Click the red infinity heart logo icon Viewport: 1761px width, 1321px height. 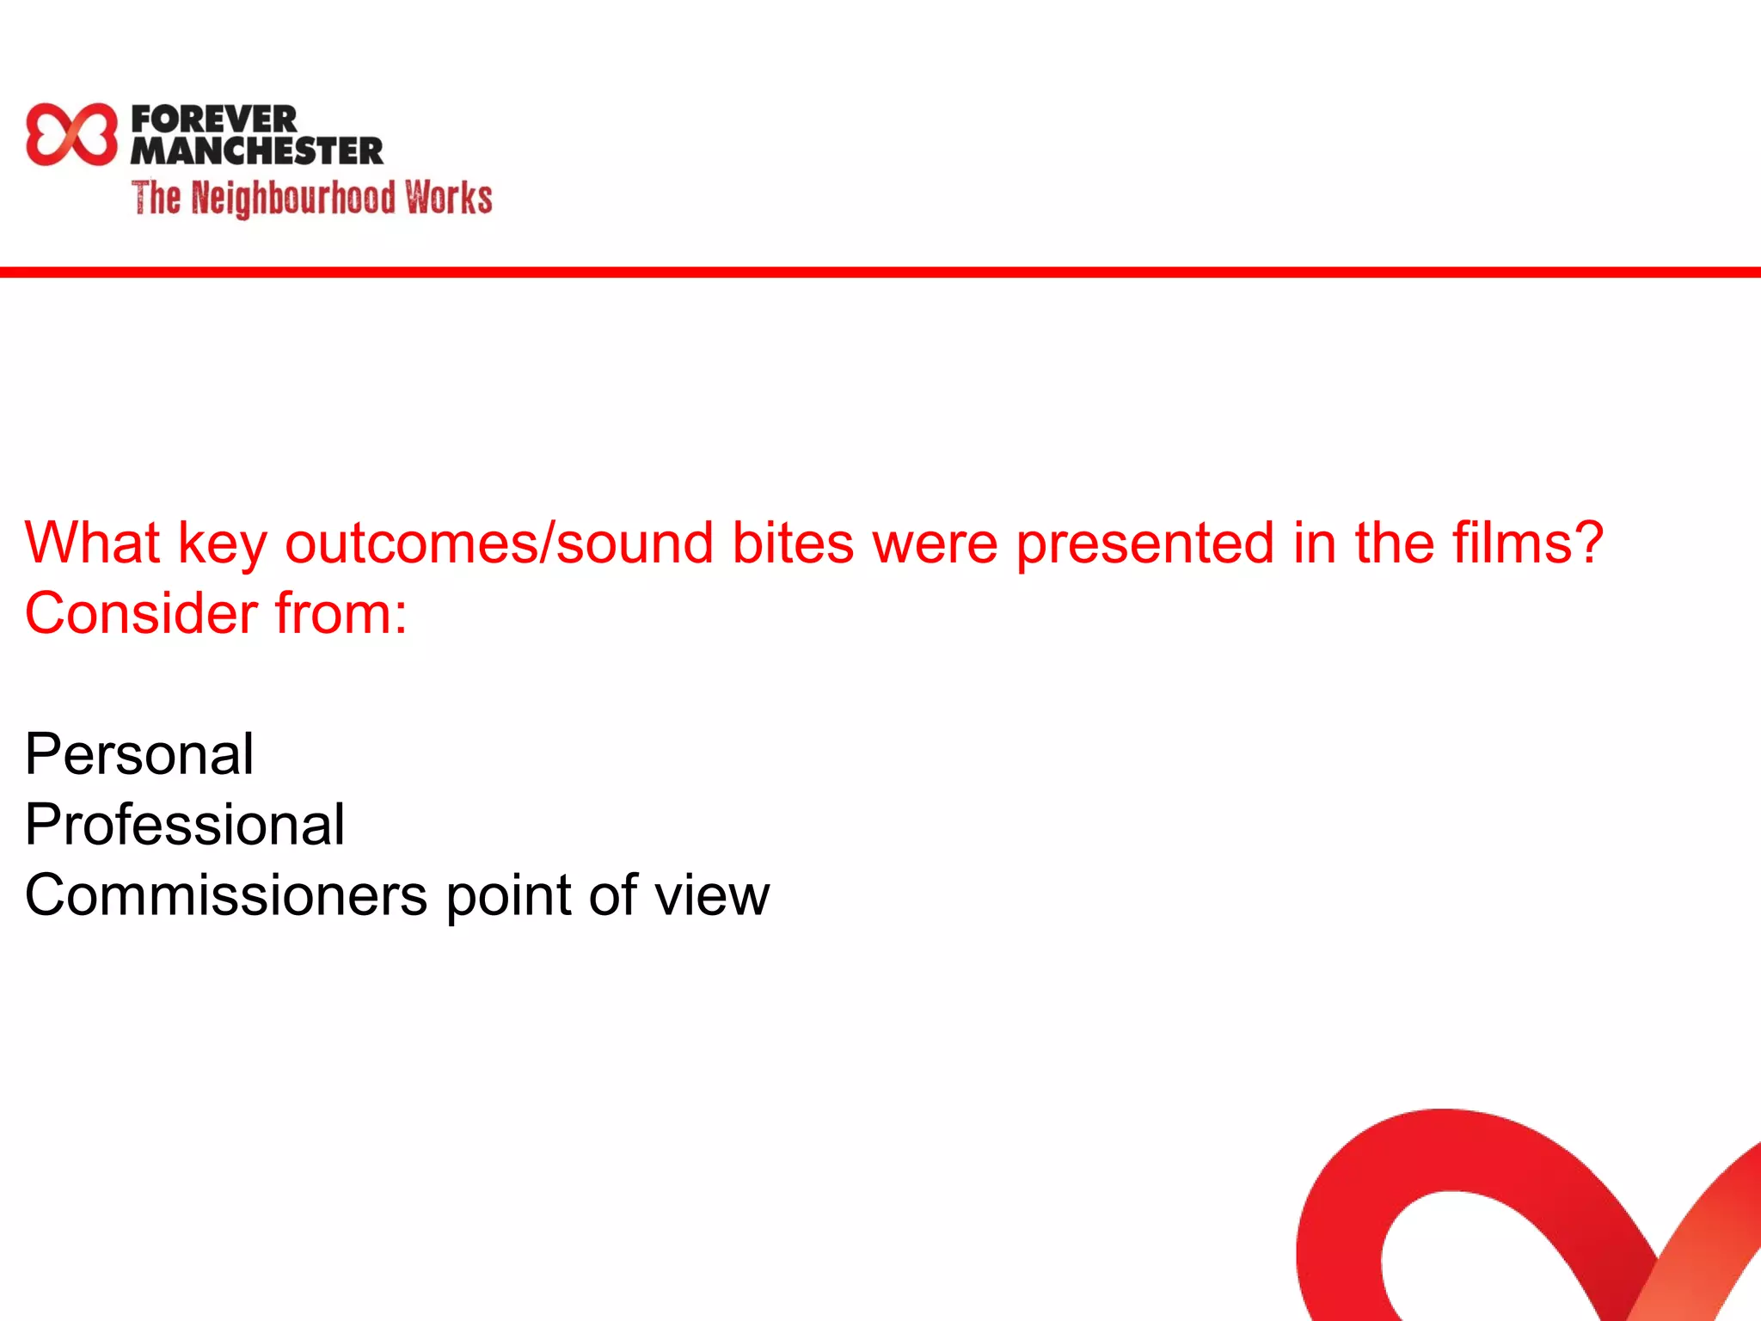[x=71, y=134]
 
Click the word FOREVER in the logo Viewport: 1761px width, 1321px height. [x=214, y=119]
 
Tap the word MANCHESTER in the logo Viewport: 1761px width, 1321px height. [x=257, y=151]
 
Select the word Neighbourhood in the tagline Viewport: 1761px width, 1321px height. [x=293, y=199]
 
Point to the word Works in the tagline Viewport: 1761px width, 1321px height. [x=449, y=198]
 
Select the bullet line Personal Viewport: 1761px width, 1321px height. [x=139, y=754]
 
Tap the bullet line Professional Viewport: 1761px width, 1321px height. [x=185, y=825]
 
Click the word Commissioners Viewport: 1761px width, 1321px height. [x=225, y=895]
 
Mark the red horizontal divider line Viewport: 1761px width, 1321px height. [x=880, y=272]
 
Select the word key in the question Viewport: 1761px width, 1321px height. [x=222, y=544]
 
